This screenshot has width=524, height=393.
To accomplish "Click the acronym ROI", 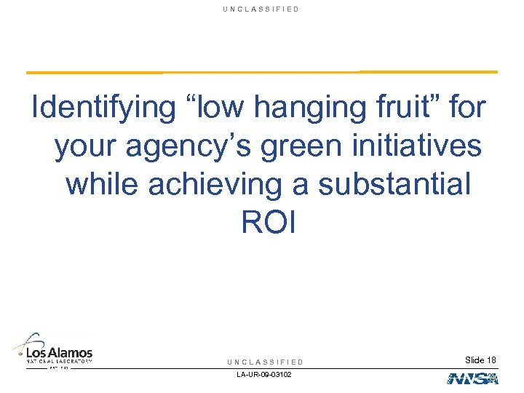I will (269, 223).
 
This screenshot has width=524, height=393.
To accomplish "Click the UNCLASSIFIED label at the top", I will (262, 9).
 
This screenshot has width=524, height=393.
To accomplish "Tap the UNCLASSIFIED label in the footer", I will (265, 362).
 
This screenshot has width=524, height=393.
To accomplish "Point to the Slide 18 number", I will (480, 360).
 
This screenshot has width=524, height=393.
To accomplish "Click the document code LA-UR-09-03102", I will (264, 375).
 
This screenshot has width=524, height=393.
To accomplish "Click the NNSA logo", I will (472, 378).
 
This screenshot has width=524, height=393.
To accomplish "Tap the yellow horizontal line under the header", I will (262, 72).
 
